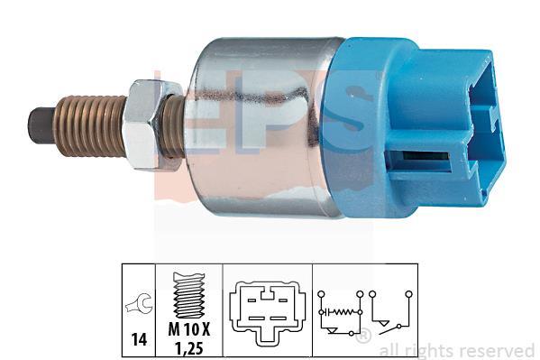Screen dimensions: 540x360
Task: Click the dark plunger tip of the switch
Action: [41, 125]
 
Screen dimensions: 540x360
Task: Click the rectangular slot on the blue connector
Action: [419, 160]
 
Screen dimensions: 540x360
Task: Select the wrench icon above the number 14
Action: [139, 304]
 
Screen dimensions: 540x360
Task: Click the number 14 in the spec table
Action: [139, 339]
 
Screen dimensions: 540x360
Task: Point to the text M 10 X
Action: [189, 329]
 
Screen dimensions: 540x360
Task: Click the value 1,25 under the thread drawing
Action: [189, 348]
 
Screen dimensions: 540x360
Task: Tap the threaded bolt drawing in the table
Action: [189, 295]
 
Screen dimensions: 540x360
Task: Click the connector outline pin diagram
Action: [268, 313]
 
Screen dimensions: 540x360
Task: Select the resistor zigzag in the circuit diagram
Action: [343, 311]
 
